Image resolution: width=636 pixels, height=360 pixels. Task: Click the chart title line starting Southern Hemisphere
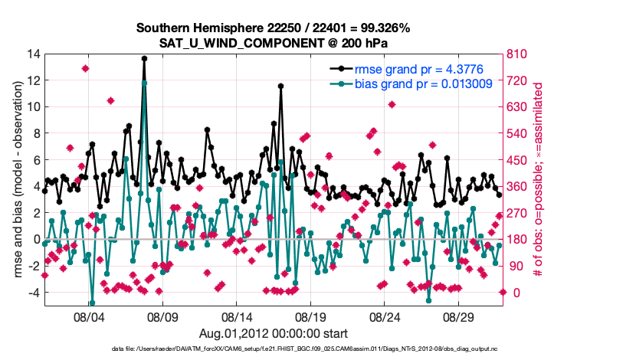coord(273,28)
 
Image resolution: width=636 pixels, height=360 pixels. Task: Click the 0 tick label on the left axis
coord(35,240)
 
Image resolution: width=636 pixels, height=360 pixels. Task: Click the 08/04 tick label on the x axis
coord(88,316)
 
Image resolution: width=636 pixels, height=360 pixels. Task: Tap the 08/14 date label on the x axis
coord(237,316)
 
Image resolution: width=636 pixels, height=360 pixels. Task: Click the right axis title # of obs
coord(537,180)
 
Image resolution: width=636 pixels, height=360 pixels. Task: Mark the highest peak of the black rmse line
coord(144,58)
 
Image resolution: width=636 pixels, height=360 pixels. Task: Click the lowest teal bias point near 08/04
coord(92,303)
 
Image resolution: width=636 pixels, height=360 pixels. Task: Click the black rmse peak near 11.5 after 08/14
coord(281,87)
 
